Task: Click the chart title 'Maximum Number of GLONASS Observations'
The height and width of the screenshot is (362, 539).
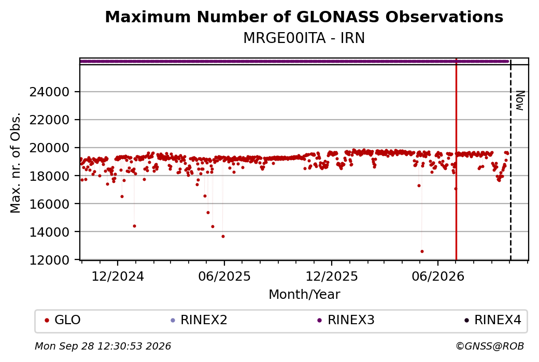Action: point(304,17)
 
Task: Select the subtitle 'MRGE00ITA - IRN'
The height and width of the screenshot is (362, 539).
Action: point(304,38)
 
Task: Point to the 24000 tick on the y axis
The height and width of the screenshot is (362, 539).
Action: point(49,92)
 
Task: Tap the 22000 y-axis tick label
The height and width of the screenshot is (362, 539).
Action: point(49,120)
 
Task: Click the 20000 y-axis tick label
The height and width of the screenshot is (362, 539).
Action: point(49,148)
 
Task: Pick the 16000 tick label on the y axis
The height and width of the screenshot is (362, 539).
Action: point(49,204)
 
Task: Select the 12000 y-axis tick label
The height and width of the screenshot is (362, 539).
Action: point(49,260)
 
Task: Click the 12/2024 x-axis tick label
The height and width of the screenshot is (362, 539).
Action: point(118,277)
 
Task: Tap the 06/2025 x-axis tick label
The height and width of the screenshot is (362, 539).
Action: point(224,277)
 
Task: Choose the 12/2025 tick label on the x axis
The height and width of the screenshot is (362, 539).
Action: point(332,277)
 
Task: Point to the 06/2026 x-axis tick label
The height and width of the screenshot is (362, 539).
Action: point(438,277)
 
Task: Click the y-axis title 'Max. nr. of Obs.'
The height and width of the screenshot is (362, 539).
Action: point(16,163)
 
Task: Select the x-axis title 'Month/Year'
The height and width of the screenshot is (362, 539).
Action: point(304,295)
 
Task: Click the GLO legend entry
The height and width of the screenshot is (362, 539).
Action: point(63,320)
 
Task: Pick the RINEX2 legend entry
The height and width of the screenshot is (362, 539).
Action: point(199,320)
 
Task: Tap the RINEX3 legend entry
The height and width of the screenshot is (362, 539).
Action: point(346,320)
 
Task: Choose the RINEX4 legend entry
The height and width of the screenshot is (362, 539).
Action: point(492,320)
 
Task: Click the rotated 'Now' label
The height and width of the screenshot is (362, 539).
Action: point(520,100)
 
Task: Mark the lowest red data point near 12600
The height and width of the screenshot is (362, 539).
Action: point(422,251)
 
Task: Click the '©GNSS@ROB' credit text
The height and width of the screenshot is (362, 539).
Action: point(490,346)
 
